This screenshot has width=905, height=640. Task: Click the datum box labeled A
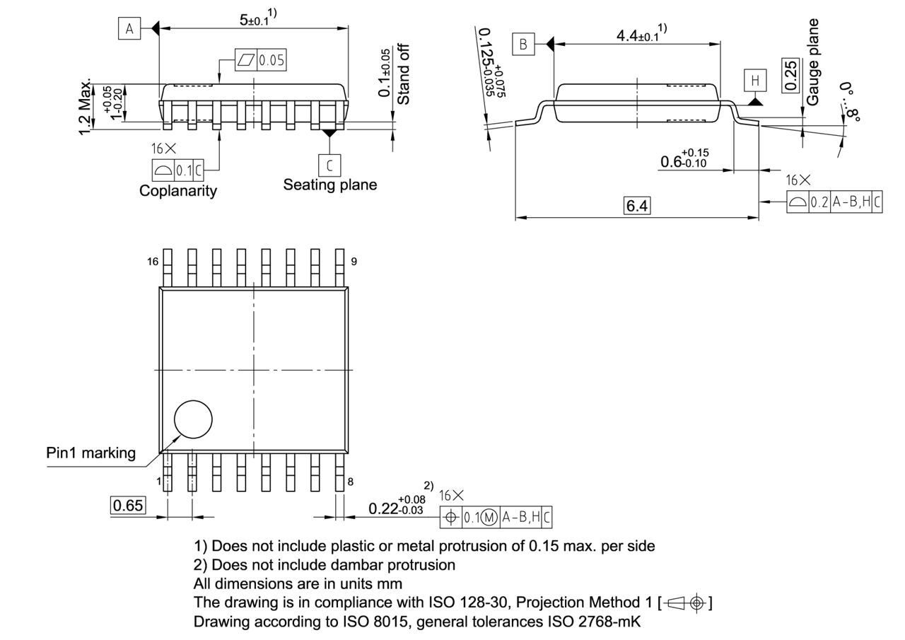129,28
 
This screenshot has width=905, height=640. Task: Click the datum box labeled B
523,45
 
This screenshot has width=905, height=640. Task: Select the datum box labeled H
755,81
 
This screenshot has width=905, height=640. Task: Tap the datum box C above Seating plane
329,165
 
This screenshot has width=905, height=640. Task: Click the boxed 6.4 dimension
636,206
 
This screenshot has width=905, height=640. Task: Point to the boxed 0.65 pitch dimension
128,505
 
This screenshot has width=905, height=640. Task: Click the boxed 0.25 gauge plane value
792,75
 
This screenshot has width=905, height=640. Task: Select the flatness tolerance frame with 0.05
261,60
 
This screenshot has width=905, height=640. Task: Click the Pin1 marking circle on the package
193,419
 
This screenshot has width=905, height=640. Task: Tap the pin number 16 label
153,262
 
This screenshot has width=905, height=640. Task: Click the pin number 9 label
354,262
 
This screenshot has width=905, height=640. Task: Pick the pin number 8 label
350,482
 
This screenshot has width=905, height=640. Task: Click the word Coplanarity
178,191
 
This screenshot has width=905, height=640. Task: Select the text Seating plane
330,185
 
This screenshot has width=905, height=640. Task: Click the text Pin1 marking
91,453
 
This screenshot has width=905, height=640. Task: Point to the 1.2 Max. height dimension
85,106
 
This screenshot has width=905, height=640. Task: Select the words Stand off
403,74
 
